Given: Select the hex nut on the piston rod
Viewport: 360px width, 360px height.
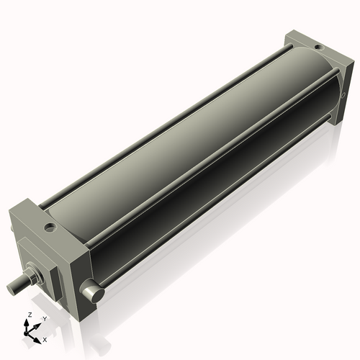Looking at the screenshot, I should pos(33,276).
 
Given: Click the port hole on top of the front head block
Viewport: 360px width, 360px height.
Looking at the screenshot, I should pos(50,227).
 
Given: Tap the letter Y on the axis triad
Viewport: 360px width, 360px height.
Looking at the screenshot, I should pos(45,318).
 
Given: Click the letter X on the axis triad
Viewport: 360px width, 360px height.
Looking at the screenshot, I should pos(45,338).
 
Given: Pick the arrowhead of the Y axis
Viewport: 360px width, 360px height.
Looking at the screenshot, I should pos(37,323).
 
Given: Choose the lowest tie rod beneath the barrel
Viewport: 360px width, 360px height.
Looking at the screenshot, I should pos(216,216).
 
